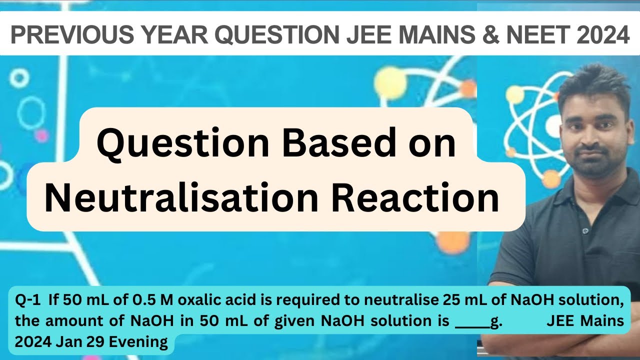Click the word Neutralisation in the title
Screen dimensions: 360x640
[180, 198]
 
